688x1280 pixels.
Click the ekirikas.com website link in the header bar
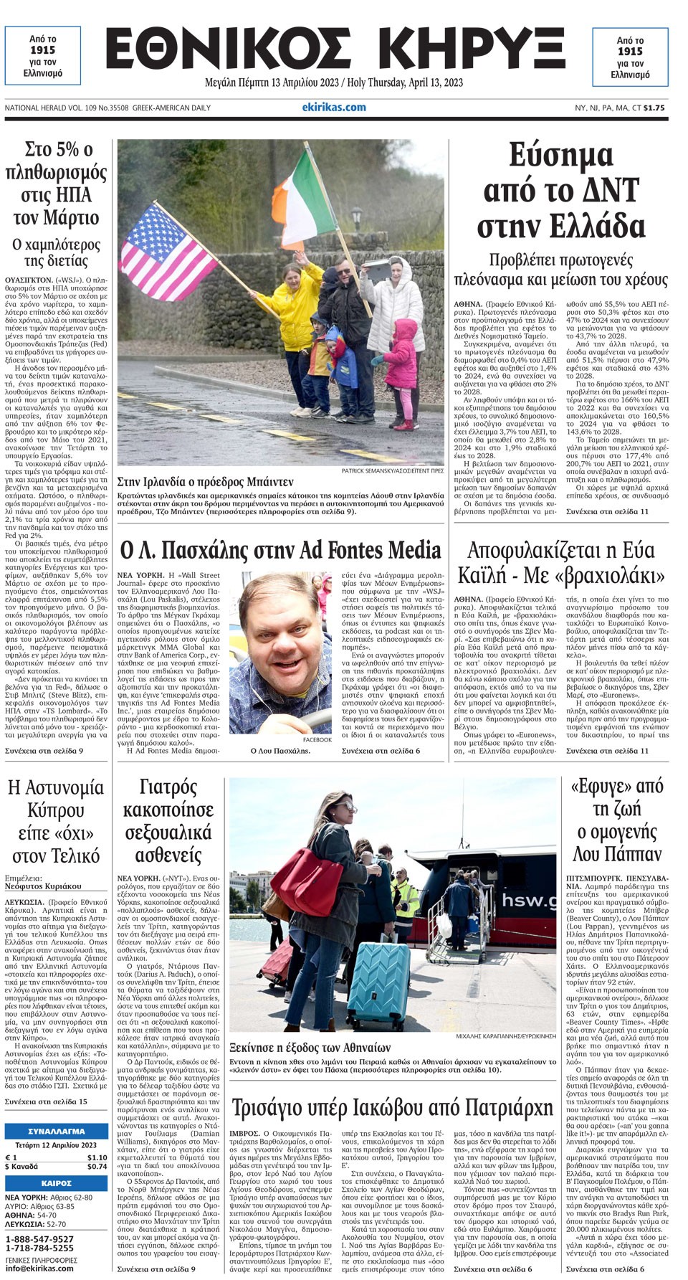[x=334, y=108]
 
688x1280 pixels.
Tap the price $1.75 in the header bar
[x=654, y=108]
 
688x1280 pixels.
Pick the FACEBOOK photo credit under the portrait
[x=317, y=739]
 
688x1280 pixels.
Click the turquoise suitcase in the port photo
[x=377, y=982]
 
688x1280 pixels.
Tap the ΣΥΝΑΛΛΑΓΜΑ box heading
[x=57, y=1130]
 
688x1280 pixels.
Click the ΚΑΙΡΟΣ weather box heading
[x=57, y=1183]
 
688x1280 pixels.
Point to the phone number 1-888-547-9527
[x=39, y=1238]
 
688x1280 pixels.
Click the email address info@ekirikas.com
[x=39, y=1268]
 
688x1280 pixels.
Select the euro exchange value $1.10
[x=97, y=1157]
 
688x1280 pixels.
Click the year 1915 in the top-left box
[x=43, y=50]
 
